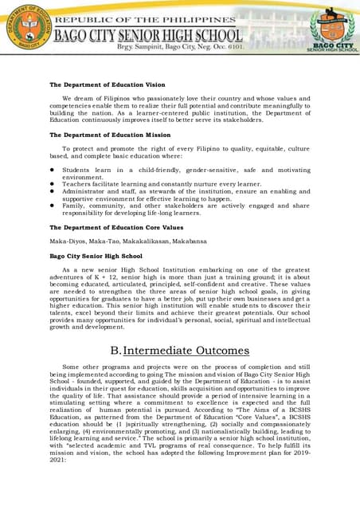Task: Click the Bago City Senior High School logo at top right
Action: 332,29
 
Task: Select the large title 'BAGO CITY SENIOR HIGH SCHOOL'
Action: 147,35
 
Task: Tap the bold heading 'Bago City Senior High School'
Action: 96,256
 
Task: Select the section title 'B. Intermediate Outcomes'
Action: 180,350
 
